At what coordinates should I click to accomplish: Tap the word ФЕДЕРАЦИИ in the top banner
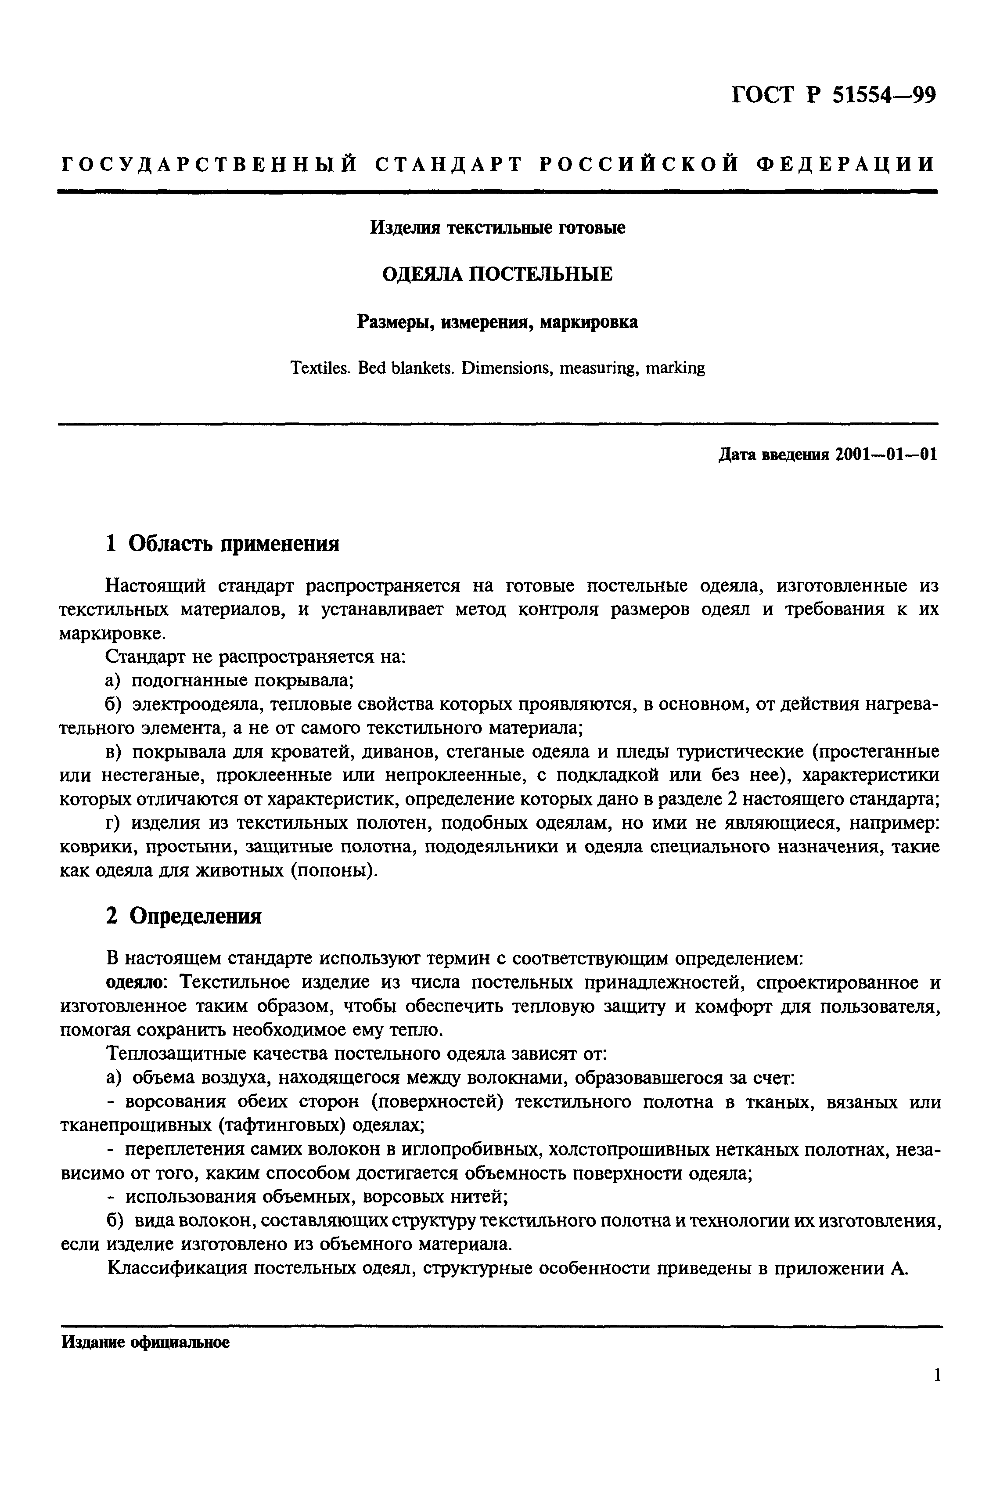tap(845, 165)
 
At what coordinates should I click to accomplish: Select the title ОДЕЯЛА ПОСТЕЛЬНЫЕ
tap(497, 274)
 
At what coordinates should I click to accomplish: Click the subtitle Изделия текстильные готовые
tap(497, 228)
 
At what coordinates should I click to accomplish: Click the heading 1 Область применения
tap(222, 544)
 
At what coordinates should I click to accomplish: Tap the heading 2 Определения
tap(183, 916)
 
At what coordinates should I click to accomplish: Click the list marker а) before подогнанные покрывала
tap(114, 681)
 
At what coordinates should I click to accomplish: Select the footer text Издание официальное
tap(145, 1343)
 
